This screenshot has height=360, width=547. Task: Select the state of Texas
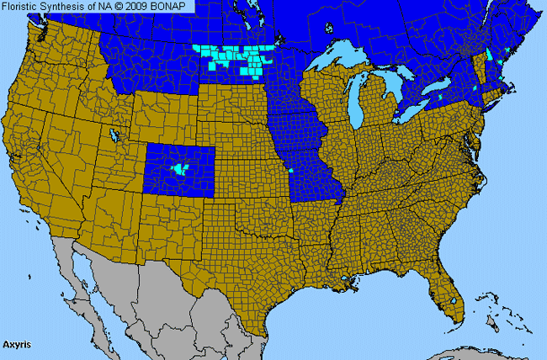tap(252, 269)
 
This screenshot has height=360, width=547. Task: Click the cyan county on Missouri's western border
tap(290, 171)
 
